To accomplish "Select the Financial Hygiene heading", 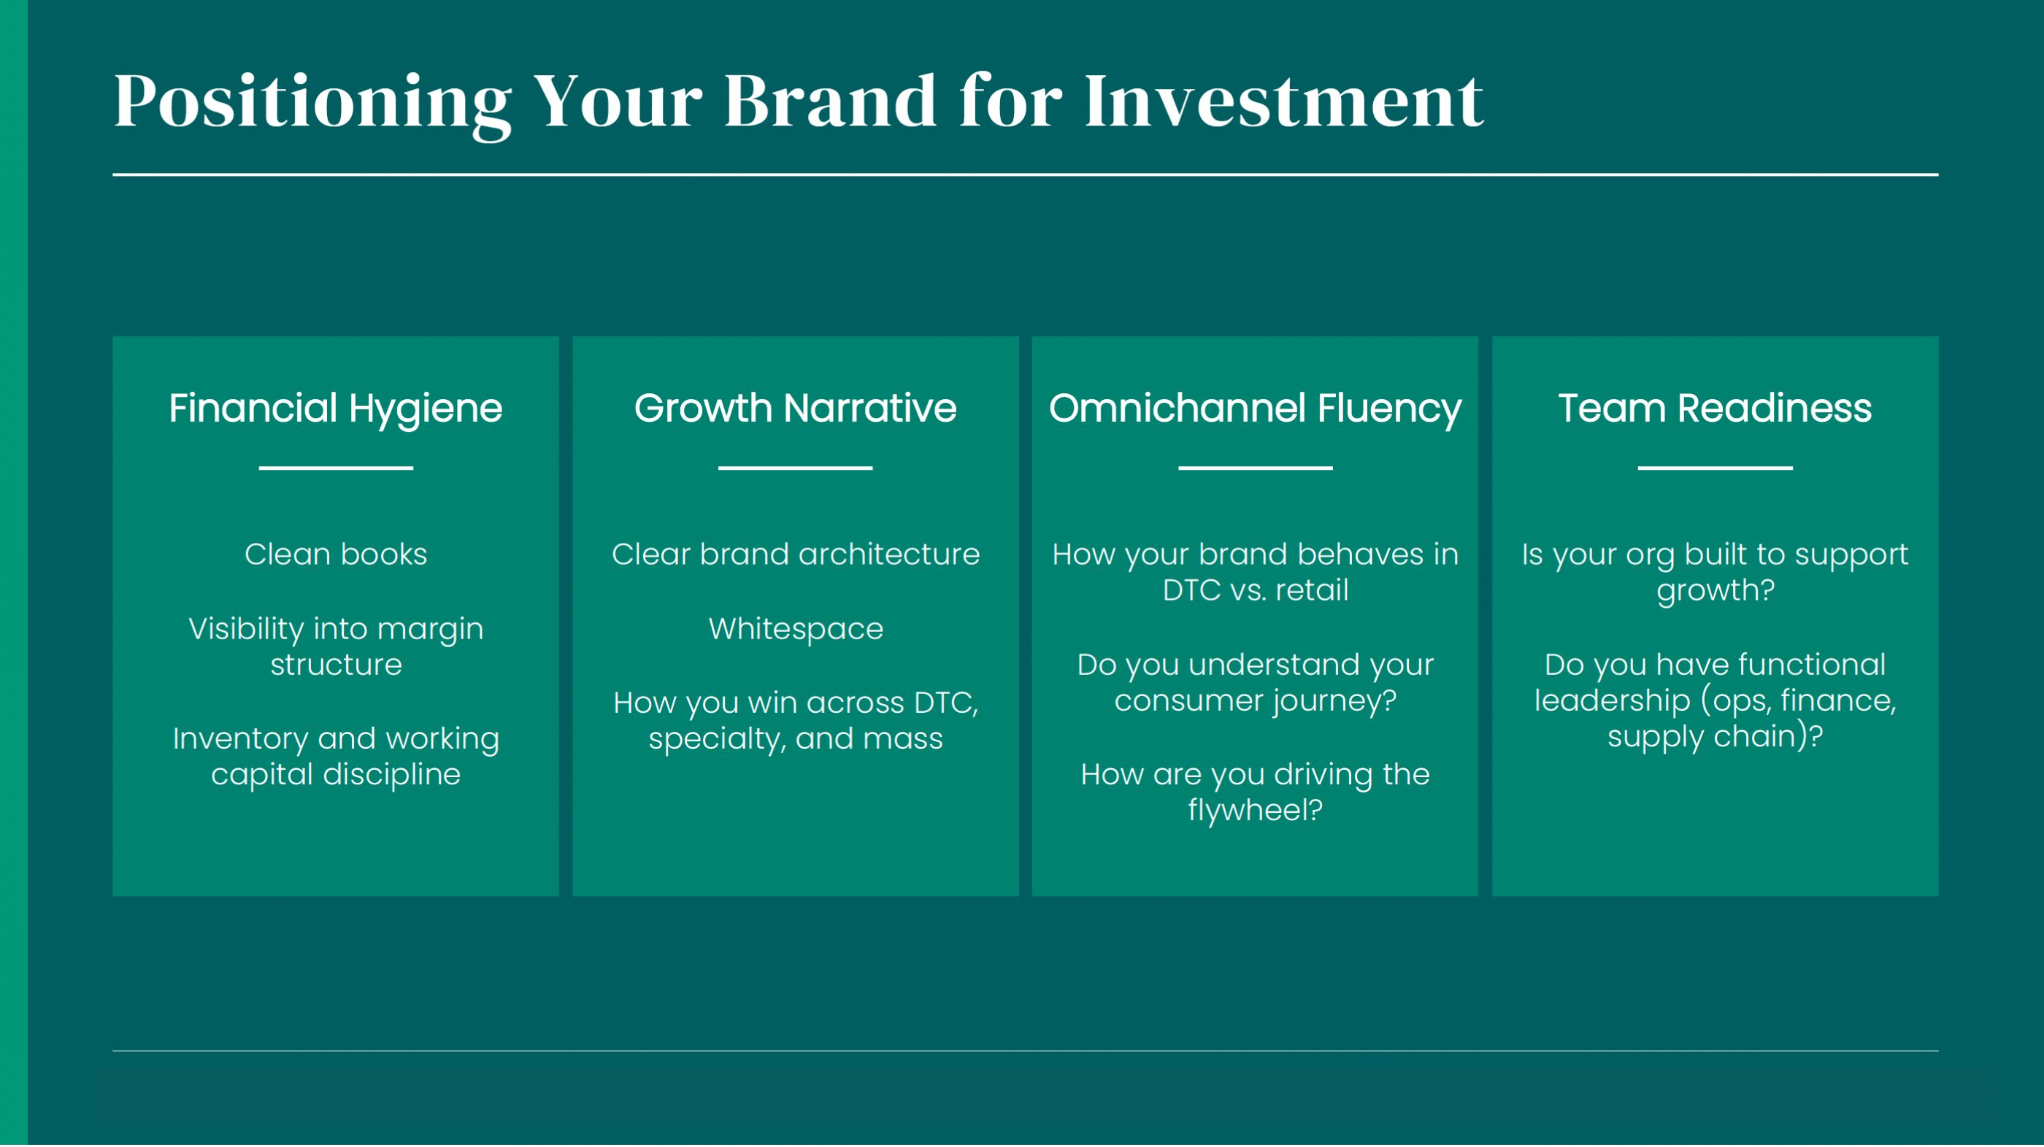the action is (336, 410).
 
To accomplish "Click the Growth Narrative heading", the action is (795, 409).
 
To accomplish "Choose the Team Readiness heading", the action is (1715, 409).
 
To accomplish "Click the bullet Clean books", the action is (336, 554).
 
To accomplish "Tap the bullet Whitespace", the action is (796, 629).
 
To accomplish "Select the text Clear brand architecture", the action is (796, 554).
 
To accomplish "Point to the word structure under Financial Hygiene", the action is (336, 665).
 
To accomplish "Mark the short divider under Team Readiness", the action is (1715, 468).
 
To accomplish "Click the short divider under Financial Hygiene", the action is (336, 468).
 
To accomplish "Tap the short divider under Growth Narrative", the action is (795, 468).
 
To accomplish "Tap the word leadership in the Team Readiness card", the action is (1613, 701).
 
